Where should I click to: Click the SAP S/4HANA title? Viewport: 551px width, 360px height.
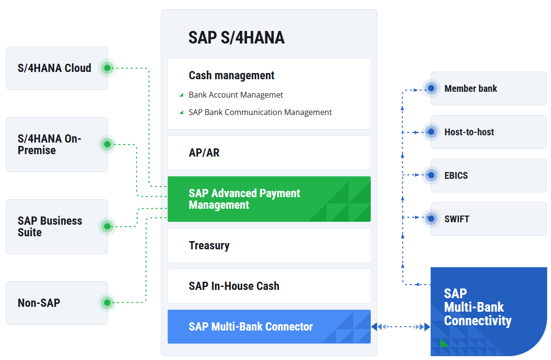coord(236,38)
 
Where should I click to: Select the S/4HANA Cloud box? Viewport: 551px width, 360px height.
coord(54,68)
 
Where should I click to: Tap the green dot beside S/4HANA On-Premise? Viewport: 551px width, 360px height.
coord(107,144)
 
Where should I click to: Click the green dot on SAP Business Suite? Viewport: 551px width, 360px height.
coord(107,226)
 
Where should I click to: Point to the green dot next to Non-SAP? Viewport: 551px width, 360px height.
coord(107,303)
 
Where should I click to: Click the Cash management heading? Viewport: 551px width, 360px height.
coord(232,75)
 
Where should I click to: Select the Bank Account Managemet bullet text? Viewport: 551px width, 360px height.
coord(236,95)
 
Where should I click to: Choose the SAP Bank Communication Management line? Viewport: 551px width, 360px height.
coord(260,112)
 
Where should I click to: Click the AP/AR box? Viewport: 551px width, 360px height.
coord(269,153)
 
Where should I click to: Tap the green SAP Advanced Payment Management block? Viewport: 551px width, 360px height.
coord(269,199)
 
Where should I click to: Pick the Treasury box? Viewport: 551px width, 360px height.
coord(269,245)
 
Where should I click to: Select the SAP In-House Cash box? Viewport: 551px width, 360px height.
coord(269,286)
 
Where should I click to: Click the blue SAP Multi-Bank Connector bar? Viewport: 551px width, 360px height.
coord(269,327)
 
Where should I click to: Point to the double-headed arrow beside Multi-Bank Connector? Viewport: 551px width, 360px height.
coord(401,327)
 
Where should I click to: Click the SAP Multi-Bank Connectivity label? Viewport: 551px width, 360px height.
coord(478,307)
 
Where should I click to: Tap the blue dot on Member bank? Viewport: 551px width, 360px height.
coord(431,89)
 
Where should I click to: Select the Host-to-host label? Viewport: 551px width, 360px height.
coord(469,132)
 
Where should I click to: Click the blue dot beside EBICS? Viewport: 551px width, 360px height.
coord(431,175)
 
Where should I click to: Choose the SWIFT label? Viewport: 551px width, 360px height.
coord(457,219)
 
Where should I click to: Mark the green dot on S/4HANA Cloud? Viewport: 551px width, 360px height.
coord(107,68)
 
